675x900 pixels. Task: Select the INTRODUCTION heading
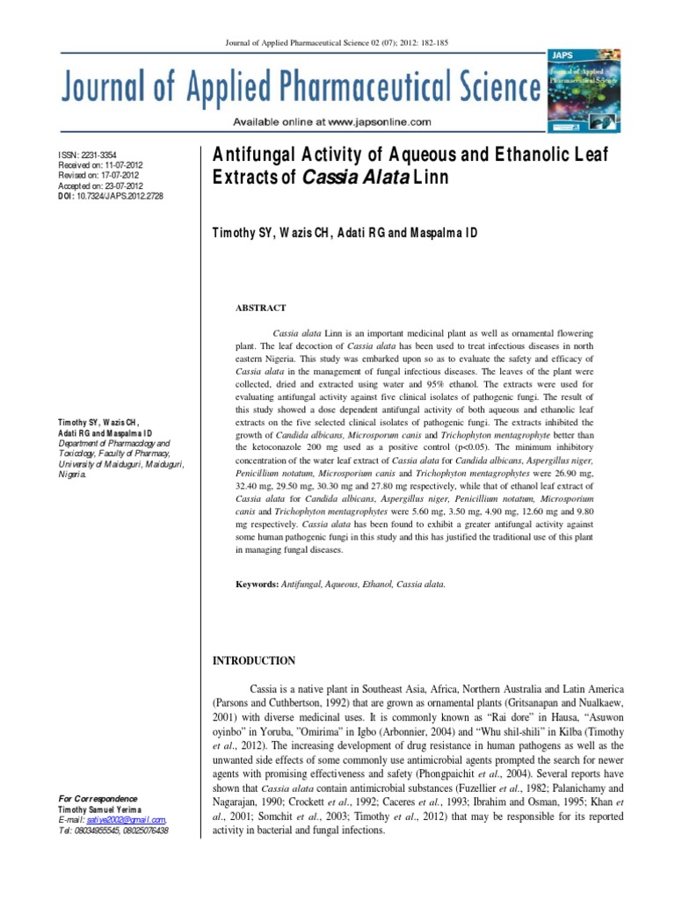tap(255, 661)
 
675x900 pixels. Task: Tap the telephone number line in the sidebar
tap(112, 830)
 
